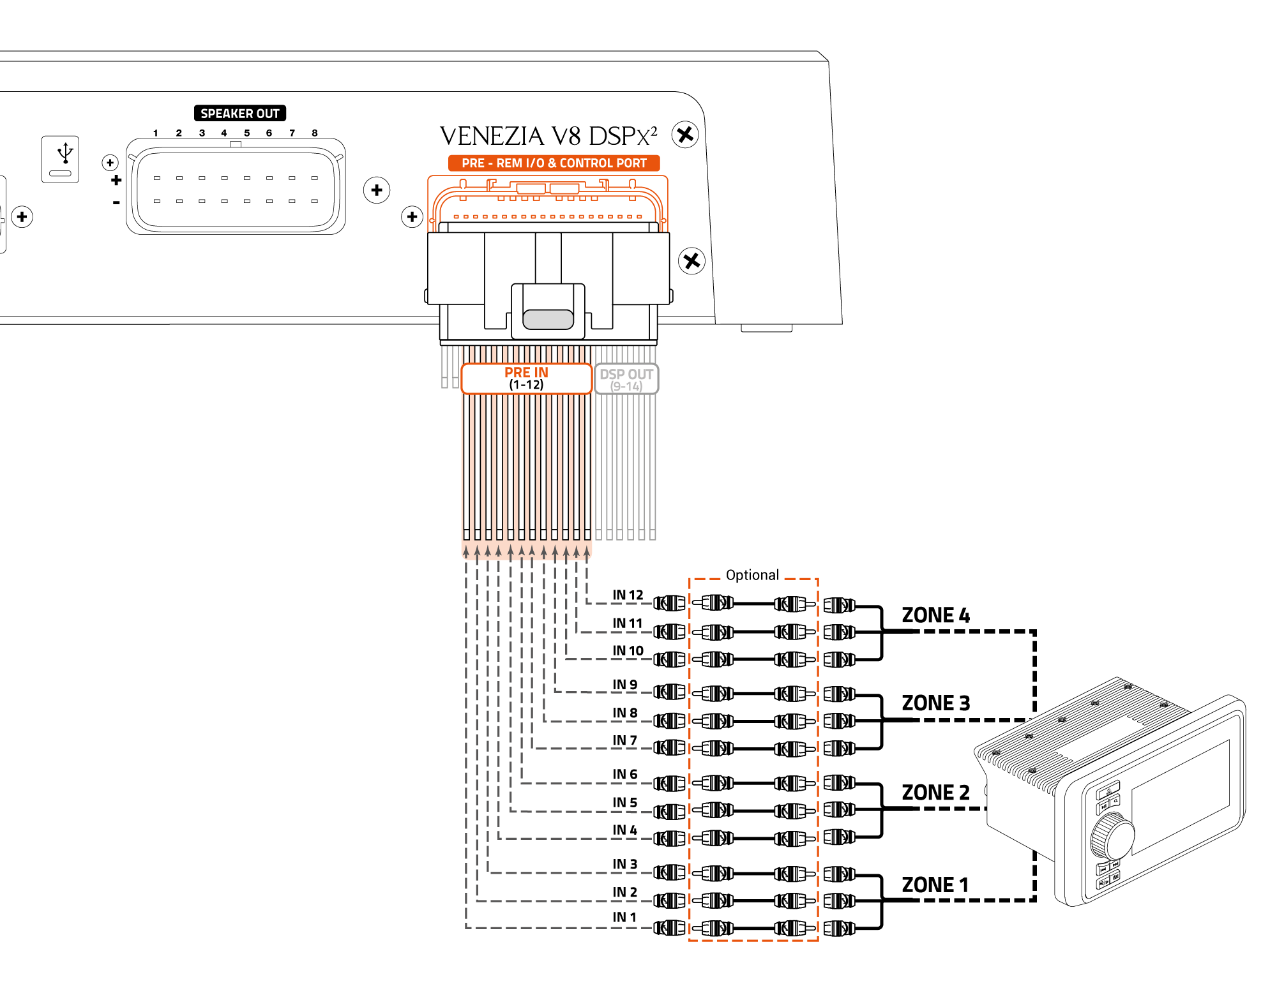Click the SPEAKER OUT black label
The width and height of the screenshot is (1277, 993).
coord(239,114)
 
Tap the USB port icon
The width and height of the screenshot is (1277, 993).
coord(61,159)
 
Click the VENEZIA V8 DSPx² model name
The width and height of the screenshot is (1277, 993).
coord(548,136)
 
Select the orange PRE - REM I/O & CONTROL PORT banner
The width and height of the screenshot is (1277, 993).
coord(554,163)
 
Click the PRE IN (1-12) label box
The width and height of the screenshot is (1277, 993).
coord(526,378)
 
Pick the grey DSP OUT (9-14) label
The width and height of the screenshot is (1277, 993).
coord(626,379)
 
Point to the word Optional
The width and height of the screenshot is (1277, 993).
coord(752,575)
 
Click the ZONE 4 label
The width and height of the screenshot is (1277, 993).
coord(935,615)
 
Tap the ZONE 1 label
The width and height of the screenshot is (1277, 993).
coord(935,885)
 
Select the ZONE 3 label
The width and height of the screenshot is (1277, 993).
coord(935,703)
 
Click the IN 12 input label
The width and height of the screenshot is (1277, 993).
coord(628,595)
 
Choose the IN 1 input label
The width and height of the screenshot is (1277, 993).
coord(624,917)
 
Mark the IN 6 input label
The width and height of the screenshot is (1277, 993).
coord(624,775)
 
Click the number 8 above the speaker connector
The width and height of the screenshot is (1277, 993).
coord(315,133)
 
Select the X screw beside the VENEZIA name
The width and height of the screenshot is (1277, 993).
coord(685,135)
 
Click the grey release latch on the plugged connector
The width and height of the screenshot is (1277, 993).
coord(548,319)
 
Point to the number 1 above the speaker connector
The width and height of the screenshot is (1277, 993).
coord(155,133)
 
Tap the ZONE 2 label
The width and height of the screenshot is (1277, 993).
coord(935,793)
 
